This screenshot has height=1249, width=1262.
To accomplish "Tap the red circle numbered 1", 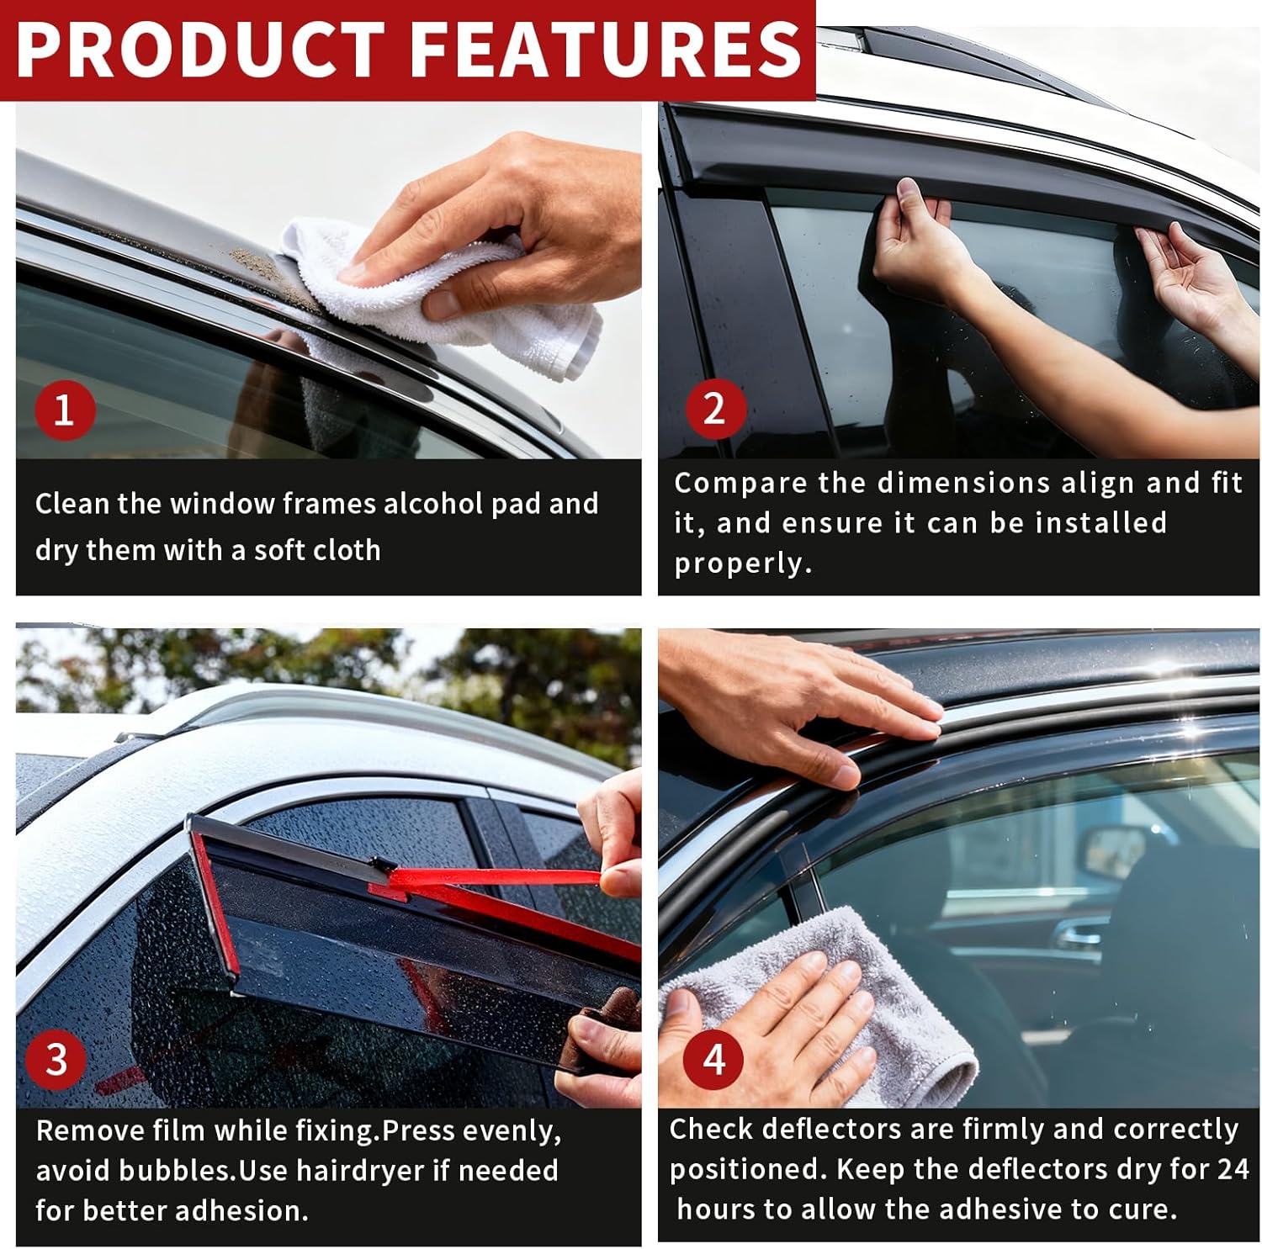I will click(x=64, y=410).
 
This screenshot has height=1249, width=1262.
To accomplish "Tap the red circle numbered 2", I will click(x=713, y=409).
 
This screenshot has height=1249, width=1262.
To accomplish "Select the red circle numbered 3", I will click(x=56, y=1059).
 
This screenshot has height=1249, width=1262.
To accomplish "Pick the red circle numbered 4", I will click(x=713, y=1058).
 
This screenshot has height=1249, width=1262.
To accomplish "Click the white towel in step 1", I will click(x=471, y=303).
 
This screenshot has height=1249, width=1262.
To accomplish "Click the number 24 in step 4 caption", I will click(x=1232, y=1168).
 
